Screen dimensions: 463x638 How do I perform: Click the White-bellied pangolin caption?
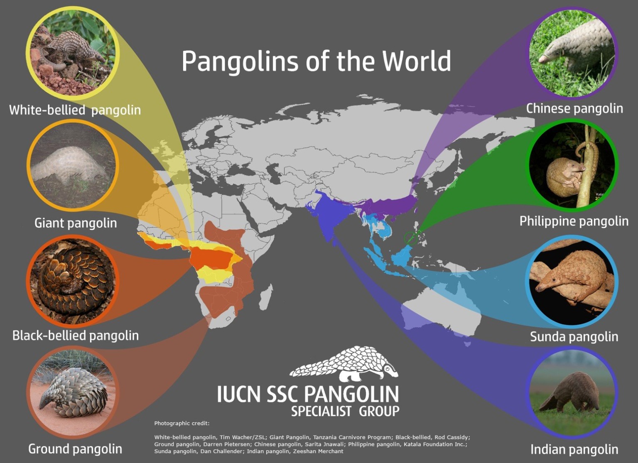tap(75, 110)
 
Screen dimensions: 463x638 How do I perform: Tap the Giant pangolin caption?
tap(76, 223)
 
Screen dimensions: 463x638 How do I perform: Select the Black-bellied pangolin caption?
tap(76, 336)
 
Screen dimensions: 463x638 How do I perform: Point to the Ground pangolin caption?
tap(75, 449)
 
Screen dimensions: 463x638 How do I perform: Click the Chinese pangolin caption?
tap(574, 108)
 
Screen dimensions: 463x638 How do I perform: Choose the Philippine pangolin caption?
tap(574, 221)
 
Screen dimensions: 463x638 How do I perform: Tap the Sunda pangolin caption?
tap(574, 336)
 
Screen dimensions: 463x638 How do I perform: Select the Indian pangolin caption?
tap(574, 449)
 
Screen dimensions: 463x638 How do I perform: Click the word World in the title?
tap(417, 61)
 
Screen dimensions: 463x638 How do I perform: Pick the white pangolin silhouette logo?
tap(345, 364)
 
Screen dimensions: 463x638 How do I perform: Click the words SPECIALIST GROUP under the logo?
tap(345, 411)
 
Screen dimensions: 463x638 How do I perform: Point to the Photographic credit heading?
tap(182, 424)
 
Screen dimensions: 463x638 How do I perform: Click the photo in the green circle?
tap(572, 165)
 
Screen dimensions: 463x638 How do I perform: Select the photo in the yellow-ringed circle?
tap(73, 52)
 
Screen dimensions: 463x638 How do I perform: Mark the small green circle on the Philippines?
tap(411, 238)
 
